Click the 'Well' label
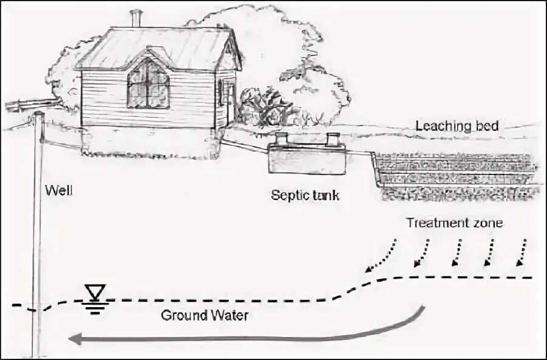coord(59,191)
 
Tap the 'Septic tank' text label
coord(305,196)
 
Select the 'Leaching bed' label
coord(457,126)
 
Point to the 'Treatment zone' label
coord(455,223)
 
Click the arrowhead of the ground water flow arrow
coord(74,339)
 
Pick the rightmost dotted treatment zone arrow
coord(522,252)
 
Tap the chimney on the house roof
coord(136,18)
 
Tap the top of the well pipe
coord(39,114)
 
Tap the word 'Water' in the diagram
coord(229,316)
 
